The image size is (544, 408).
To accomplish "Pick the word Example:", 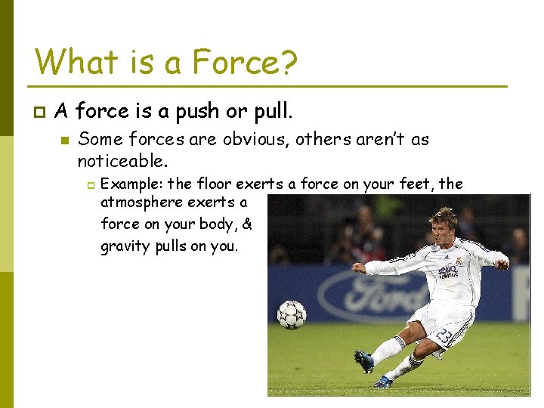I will [131, 184].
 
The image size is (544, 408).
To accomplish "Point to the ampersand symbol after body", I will [248, 224].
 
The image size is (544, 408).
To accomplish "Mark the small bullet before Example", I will [89, 184].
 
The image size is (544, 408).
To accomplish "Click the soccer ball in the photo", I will [292, 314].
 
